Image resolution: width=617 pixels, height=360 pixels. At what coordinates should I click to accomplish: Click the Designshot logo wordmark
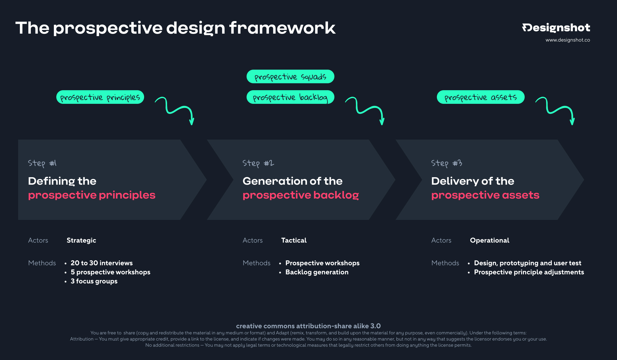(556, 28)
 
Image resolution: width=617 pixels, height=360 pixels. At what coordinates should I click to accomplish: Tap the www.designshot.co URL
(568, 40)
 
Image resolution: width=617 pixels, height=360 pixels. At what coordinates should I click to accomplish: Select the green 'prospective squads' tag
(290, 77)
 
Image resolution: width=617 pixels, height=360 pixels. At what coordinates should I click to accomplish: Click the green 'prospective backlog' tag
(290, 97)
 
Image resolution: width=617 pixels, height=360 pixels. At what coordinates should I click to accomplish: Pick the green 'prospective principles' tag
(100, 97)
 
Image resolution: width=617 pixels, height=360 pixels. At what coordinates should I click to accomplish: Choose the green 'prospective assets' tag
(480, 97)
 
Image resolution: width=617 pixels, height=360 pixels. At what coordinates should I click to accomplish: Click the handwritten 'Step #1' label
(42, 163)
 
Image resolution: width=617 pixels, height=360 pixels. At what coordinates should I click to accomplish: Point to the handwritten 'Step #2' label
(258, 163)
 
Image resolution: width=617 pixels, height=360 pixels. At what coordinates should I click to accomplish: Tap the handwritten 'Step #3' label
(446, 163)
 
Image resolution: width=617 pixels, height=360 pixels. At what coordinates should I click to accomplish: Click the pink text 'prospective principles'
(92, 195)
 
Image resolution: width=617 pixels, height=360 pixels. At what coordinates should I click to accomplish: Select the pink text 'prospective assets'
(485, 195)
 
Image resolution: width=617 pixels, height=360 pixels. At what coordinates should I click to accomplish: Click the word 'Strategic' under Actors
(81, 240)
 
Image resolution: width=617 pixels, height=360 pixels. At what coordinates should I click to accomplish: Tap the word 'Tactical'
(294, 240)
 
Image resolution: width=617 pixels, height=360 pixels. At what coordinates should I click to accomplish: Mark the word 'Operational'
(489, 240)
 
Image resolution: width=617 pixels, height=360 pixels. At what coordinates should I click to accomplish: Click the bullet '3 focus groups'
(94, 281)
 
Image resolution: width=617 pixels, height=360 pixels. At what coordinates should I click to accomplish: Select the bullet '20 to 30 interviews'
(101, 263)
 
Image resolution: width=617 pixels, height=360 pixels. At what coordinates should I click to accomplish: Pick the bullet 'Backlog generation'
(317, 272)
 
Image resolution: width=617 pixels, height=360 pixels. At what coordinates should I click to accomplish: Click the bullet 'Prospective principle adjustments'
(529, 272)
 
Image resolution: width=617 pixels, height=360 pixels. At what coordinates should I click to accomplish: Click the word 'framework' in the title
(282, 28)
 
